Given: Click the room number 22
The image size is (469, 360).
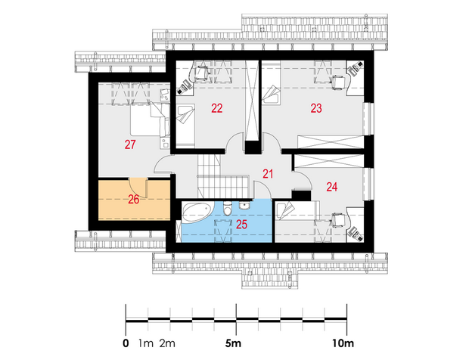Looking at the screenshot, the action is point(217,108).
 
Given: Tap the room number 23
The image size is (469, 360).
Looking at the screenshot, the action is point(316,108).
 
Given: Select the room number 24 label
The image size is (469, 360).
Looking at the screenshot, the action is point(332,187).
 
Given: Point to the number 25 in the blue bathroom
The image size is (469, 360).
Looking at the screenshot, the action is point(241,225).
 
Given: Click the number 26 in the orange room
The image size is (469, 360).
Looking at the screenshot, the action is point(134,200).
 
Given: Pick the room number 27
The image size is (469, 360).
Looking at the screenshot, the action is point(130,144).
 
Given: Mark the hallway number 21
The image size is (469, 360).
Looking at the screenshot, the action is point(268,174).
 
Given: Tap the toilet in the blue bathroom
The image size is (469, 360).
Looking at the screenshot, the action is point(228,209).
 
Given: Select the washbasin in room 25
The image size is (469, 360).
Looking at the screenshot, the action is point(245,206).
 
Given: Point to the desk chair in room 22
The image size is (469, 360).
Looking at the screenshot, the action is point(201,73).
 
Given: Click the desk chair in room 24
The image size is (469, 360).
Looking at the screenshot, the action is point(338,221).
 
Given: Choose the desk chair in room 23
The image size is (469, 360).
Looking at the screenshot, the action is point(339,82).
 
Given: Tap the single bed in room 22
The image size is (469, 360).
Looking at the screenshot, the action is point(185,126).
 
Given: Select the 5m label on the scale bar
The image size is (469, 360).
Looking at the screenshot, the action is point(233,343).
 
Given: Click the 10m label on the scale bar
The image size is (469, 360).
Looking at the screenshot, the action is point(343,343).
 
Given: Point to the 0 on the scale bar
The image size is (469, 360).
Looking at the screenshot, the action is point(126,343).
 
